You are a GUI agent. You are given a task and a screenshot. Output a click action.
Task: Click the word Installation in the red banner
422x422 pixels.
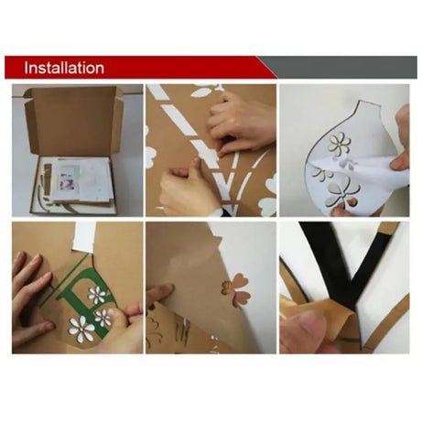pos(64,69)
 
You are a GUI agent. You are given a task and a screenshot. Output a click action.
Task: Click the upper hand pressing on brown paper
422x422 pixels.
pos(240,119)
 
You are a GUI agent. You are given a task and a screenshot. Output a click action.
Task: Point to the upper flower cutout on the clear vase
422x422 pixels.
pos(340,143)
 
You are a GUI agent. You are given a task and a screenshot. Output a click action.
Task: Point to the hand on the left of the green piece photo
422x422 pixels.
pos(27,275)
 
